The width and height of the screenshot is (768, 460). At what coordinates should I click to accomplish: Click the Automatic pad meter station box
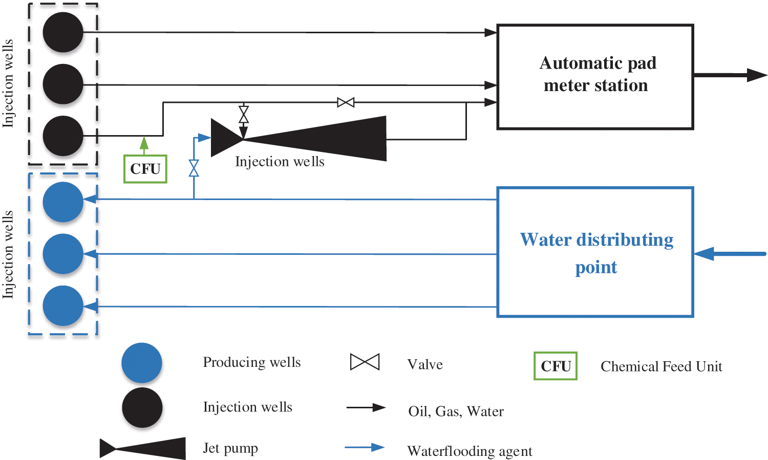point(595,77)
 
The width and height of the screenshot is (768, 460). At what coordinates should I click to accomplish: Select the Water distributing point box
point(595,252)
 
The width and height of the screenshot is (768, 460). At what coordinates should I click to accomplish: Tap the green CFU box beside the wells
point(145,169)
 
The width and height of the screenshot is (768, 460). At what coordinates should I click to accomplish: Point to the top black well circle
point(63,32)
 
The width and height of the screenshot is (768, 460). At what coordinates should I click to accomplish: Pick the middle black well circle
point(63,84)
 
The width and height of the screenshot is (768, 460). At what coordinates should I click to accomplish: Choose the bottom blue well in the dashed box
point(63,306)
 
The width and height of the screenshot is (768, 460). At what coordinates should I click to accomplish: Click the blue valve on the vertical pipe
point(194,168)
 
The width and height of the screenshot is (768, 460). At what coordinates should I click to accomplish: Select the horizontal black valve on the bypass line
point(346,102)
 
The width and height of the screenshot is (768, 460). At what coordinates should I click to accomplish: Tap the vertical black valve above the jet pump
point(244,114)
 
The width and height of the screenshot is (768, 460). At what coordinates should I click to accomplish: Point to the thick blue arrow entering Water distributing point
point(730,253)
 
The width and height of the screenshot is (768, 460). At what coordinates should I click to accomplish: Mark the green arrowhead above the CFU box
point(144,143)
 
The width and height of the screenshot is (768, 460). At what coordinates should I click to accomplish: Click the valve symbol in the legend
point(365,362)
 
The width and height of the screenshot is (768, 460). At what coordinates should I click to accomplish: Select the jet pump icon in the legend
point(143,448)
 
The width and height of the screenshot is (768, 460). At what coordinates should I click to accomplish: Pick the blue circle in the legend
point(142,363)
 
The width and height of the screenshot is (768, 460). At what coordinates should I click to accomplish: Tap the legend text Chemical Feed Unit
point(661,366)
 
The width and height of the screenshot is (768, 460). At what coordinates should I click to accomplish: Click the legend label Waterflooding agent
point(470,451)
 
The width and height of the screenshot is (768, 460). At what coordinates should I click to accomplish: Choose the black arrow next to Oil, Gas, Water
point(366,407)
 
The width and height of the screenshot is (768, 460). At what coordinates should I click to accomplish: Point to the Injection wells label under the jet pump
point(280,162)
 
